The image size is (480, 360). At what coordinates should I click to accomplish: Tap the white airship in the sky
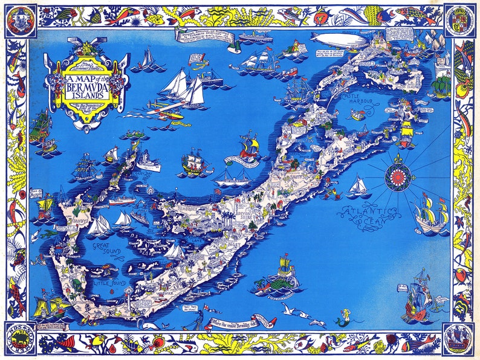click(339, 40)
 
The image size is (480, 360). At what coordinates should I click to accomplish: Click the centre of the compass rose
click(399, 177)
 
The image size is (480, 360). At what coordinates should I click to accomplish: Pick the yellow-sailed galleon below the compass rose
click(432, 214)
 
